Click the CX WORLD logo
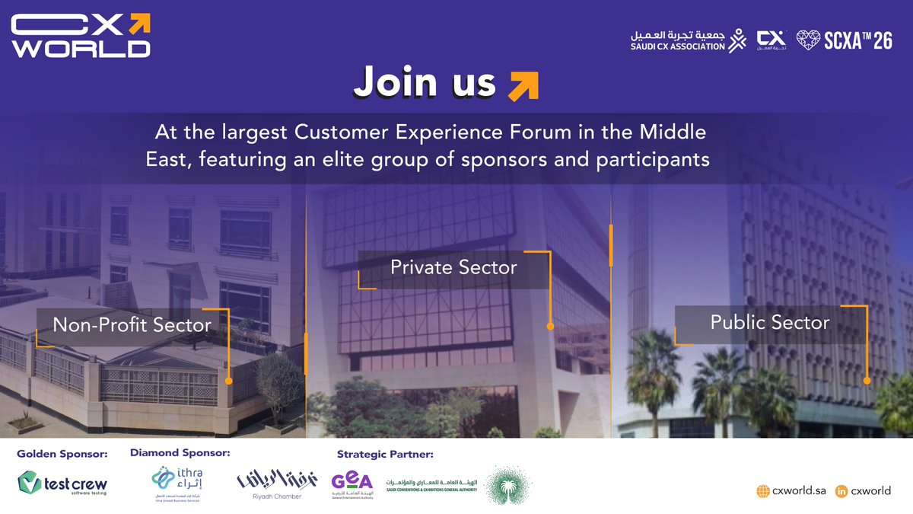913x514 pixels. click(x=81, y=35)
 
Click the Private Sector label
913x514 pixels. click(x=453, y=268)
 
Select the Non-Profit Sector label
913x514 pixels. click(x=132, y=326)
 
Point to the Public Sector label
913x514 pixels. click(x=769, y=323)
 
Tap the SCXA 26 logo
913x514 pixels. click(x=844, y=41)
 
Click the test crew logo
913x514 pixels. click(x=63, y=484)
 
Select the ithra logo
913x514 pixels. click(x=175, y=483)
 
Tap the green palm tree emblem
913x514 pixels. click(x=509, y=484)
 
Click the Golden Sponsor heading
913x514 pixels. click(x=62, y=455)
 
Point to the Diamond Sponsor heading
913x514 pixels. click(x=180, y=453)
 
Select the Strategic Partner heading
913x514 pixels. click(x=385, y=455)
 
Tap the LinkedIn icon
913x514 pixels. click(x=841, y=491)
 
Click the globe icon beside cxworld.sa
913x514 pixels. click(x=763, y=491)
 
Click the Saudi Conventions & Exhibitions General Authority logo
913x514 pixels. click(x=431, y=485)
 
